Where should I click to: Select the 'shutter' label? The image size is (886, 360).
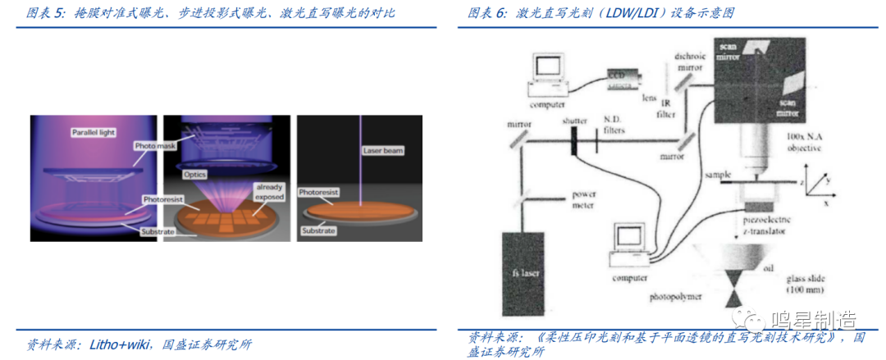[x=576, y=121]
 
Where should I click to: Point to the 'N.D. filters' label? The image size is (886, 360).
[x=619, y=125]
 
